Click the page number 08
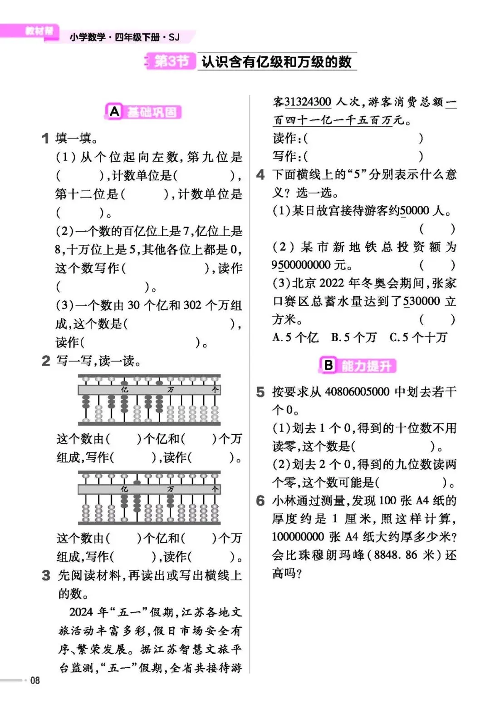tap(35, 680)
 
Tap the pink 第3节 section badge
tap(171, 61)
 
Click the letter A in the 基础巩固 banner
tap(114, 111)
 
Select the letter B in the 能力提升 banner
tap(328, 365)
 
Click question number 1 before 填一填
tap(45, 138)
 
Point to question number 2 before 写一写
tap(45, 361)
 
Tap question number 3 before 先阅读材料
tap(46, 575)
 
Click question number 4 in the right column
tap(260, 174)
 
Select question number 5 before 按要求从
tap(260, 392)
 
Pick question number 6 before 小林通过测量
tap(260, 501)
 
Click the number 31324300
tap(308, 102)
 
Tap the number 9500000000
tap(301, 265)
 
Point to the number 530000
tap(421, 301)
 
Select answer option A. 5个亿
tap(295, 338)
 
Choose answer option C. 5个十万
tap(418, 338)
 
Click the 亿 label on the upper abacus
tap(125, 390)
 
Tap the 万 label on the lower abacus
tap(171, 489)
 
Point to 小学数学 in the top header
tap(88, 37)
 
